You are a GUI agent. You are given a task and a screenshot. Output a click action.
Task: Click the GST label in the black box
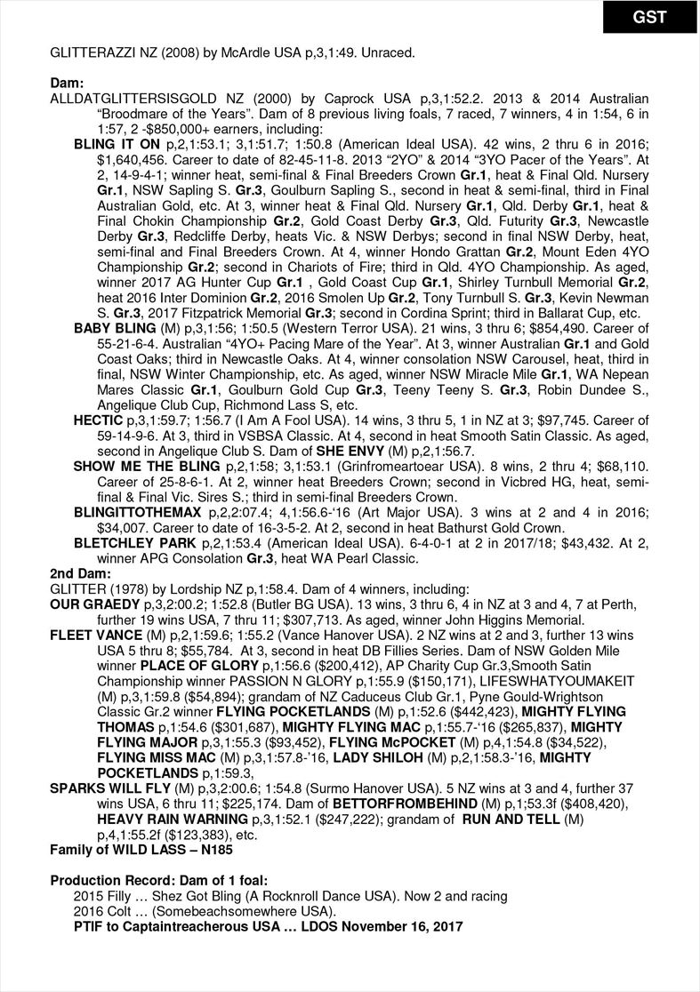pos(649,17)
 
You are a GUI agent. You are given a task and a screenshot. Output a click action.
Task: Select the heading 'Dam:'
pos(67,83)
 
